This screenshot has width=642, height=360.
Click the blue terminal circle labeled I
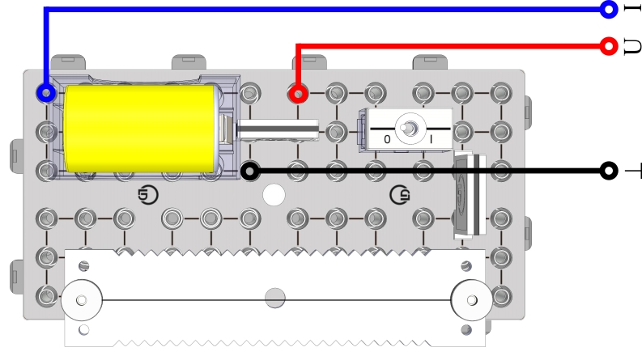(x=609, y=9)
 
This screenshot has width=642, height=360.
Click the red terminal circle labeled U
(x=609, y=46)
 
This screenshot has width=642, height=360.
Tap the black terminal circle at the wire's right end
(x=609, y=171)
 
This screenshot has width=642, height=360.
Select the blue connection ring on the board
(x=46, y=93)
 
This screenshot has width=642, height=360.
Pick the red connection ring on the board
(x=298, y=94)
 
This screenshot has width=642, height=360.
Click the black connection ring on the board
(x=250, y=171)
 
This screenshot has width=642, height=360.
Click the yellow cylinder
(x=141, y=129)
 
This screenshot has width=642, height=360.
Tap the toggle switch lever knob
(x=407, y=128)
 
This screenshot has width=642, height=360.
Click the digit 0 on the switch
(x=387, y=139)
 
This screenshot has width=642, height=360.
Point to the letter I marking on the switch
(x=431, y=139)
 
